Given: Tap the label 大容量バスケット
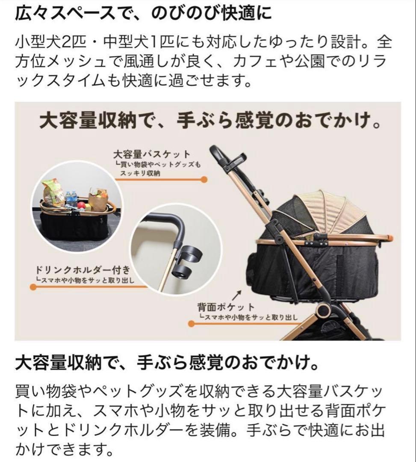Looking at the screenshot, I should [151, 154].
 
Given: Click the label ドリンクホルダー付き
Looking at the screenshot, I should [82, 271].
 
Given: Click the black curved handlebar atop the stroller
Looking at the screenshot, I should [218, 155].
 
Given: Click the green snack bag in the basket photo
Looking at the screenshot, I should [53, 192].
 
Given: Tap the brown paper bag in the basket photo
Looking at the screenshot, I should [98, 199].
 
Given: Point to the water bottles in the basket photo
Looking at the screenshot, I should [71, 199].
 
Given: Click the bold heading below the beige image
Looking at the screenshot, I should [168, 365].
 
